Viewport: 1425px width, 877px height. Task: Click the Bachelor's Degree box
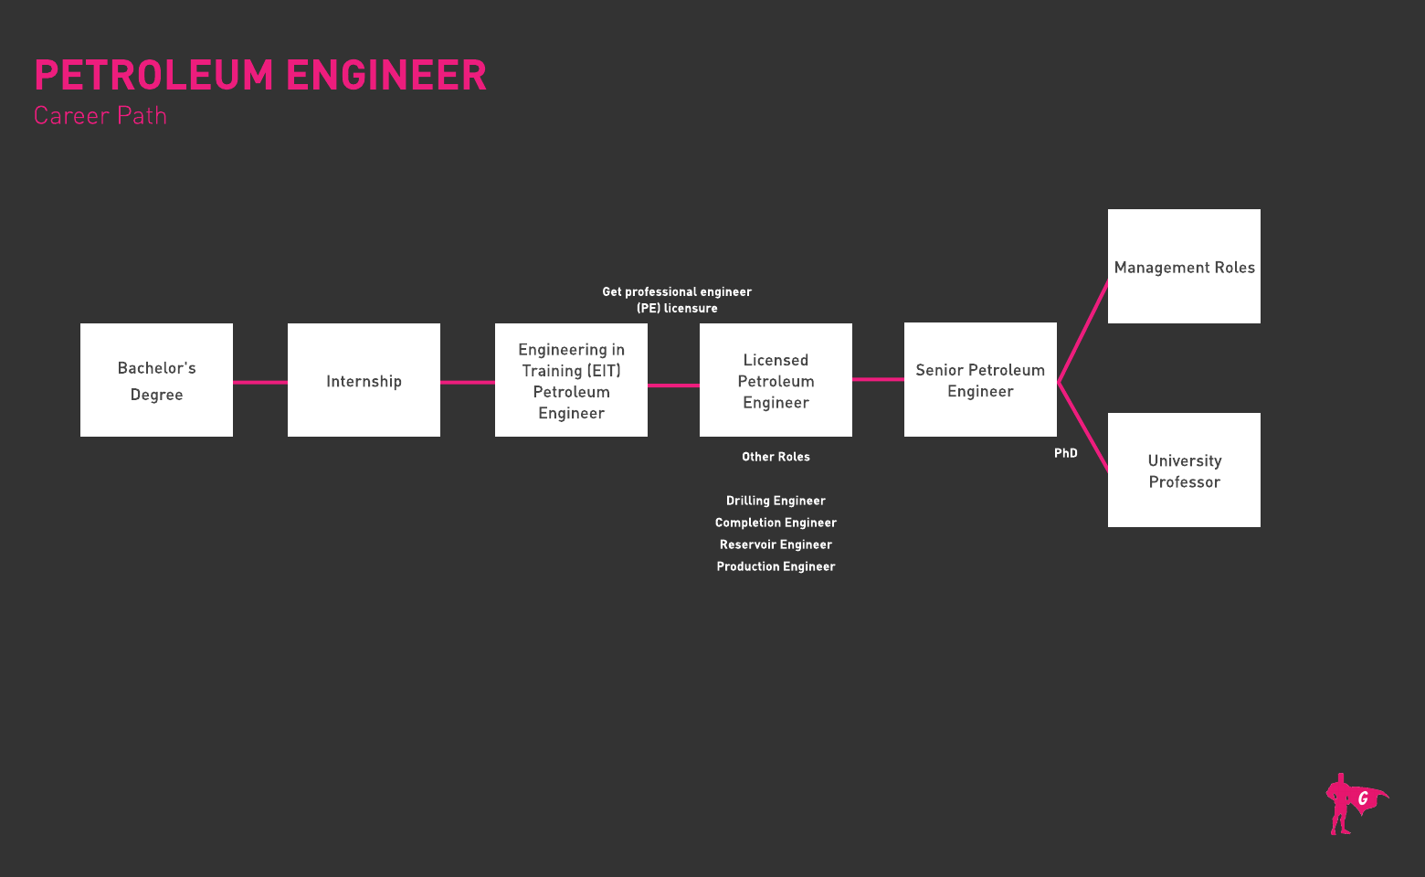[x=156, y=380]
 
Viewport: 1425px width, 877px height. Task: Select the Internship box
[x=364, y=380]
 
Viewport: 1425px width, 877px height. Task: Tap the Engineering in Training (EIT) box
[x=571, y=380]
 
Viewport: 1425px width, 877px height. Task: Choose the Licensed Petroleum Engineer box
[x=776, y=380]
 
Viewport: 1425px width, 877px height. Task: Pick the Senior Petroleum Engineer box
[x=980, y=380]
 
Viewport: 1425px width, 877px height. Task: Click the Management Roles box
[x=1184, y=267]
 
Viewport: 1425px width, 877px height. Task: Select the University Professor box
[x=1184, y=470]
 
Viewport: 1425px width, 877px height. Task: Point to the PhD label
[x=1066, y=453]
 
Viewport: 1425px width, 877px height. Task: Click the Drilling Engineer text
[x=776, y=501]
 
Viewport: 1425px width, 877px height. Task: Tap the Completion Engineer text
[x=776, y=523]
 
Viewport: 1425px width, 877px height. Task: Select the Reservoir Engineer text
[x=776, y=544]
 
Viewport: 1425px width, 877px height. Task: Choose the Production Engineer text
[x=776, y=566]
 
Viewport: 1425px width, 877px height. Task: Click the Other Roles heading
[x=776, y=457]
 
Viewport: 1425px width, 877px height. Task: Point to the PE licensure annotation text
[x=677, y=300]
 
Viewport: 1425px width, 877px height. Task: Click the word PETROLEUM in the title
[x=153, y=75]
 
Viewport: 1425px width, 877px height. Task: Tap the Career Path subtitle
[x=100, y=116]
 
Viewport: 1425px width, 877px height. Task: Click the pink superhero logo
[x=1353, y=804]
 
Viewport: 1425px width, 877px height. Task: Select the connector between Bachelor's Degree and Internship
[x=260, y=382]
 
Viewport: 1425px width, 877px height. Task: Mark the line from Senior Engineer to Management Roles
[x=1083, y=331]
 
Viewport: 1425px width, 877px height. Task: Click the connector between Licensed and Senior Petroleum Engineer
[x=878, y=379]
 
